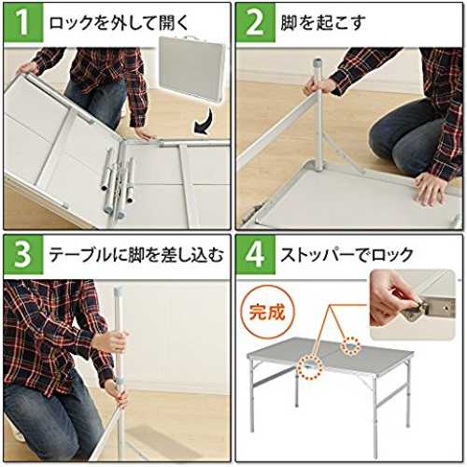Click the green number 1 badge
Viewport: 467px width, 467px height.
[x=23, y=22]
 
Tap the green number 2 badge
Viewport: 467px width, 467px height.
[x=255, y=22]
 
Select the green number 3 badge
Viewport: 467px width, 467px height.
[x=23, y=255]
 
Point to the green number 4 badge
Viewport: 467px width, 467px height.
[x=255, y=255]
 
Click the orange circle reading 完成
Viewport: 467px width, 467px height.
[x=267, y=312]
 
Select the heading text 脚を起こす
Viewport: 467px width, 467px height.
[x=323, y=22]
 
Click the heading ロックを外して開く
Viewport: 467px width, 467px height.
[x=119, y=22]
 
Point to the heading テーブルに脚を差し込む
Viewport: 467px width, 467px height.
[x=136, y=255]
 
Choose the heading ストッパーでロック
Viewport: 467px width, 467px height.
[x=347, y=255]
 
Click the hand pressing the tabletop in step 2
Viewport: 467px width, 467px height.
[x=432, y=189]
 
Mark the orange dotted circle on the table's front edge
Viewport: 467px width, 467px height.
[x=310, y=368]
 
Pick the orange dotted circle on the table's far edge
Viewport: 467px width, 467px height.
[x=350, y=346]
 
